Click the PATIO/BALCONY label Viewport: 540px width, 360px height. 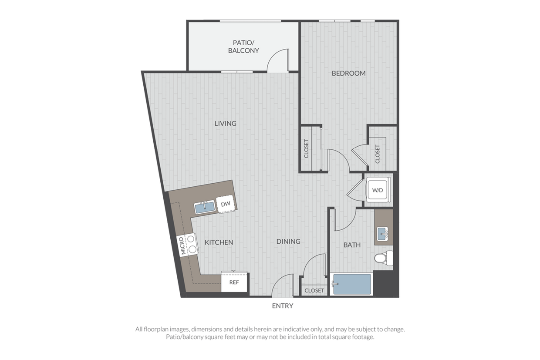tap(243, 47)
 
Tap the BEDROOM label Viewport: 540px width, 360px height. tap(348, 73)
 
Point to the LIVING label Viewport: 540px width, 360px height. tap(226, 123)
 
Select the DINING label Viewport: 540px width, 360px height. tap(288, 241)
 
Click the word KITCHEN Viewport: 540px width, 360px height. tap(219, 242)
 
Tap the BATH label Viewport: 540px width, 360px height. tap(352, 245)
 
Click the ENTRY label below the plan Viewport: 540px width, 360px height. tap(283, 306)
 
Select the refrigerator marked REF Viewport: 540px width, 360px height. tap(234, 282)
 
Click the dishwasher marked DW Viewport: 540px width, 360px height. tap(226, 204)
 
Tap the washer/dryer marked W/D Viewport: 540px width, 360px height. tap(378, 190)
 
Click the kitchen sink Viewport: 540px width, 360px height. tap(205, 207)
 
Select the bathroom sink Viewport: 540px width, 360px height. tap(383, 234)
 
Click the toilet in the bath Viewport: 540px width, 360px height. tap(384, 258)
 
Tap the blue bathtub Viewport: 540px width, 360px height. tap(352, 284)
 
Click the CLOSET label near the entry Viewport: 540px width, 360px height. tap(314, 290)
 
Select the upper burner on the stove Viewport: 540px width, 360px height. tap(191, 239)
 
